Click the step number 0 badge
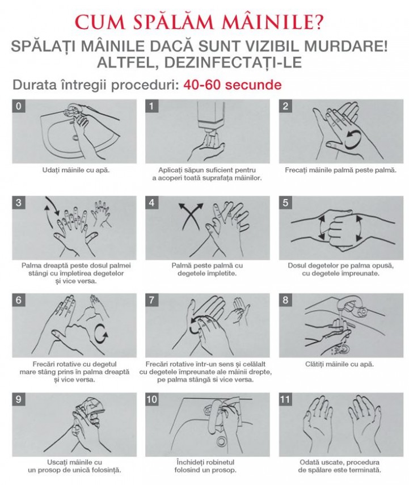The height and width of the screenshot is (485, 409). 18,106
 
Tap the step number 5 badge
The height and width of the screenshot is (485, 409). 285,203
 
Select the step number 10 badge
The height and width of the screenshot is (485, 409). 151,399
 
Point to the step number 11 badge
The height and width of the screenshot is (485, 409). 285,399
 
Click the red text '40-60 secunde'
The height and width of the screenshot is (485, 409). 233,85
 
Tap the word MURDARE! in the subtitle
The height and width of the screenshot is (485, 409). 346,47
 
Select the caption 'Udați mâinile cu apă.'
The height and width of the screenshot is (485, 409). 76,170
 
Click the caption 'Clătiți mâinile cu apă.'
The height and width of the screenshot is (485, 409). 339,364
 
